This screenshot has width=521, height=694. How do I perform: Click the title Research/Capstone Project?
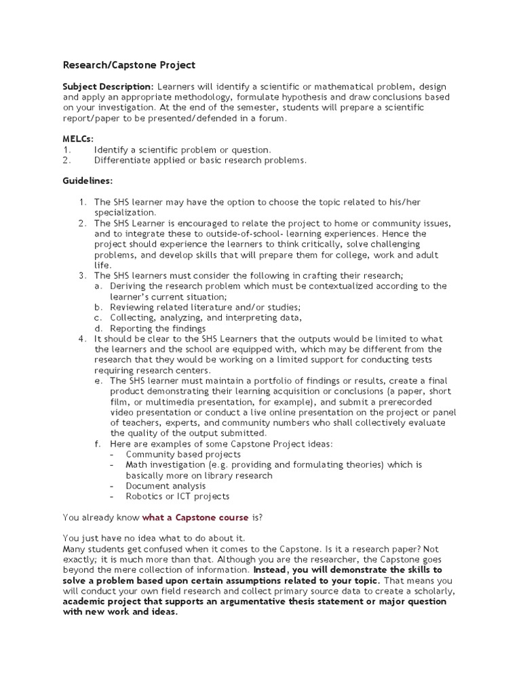(x=129, y=65)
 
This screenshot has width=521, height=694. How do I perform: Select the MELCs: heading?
(x=78, y=139)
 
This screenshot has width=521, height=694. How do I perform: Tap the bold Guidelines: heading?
(x=88, y=181)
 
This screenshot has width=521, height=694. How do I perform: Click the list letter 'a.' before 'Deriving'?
(x=99, y=286)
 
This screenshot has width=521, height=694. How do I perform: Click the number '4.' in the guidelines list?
(x=82, y=339)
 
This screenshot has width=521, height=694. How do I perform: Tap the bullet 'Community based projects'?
(x=183, y=454)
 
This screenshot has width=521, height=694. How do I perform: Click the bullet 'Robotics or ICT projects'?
(x=178, y=496)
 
